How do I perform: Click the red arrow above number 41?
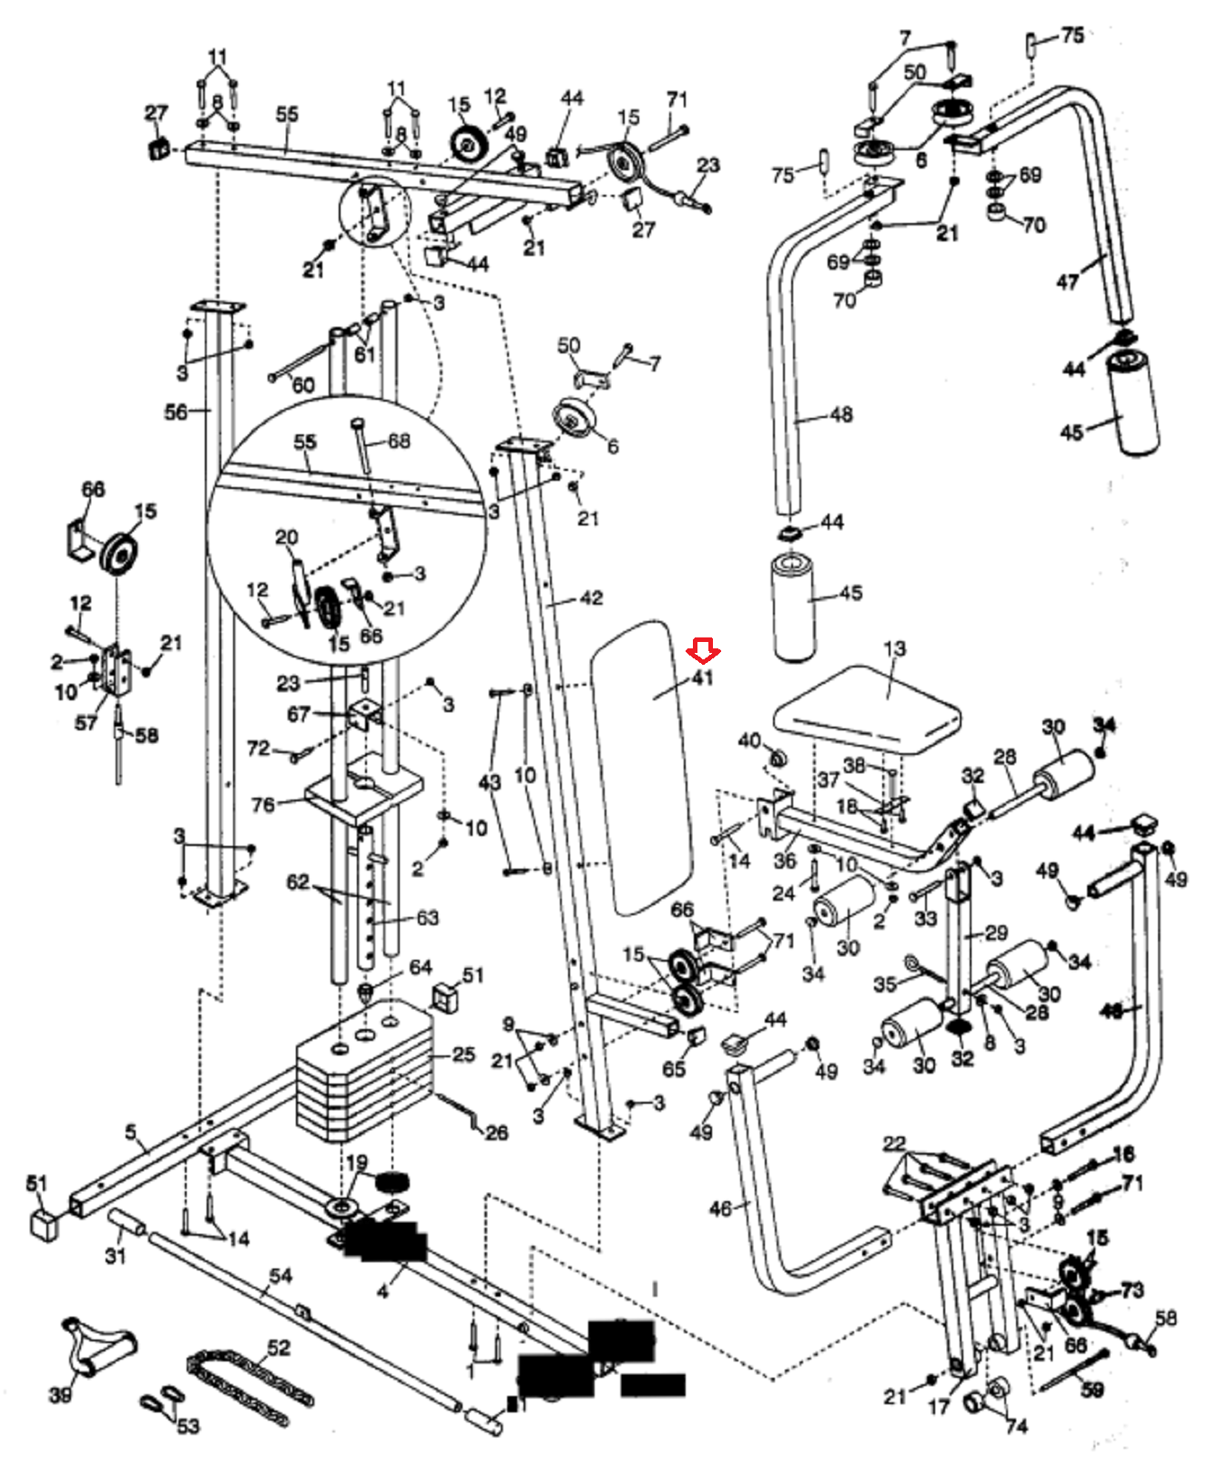(x=703, y=650)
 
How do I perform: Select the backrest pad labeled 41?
(x=640, y=765)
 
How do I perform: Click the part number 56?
(x=176, y=413)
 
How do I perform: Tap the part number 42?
(x=591, y=598)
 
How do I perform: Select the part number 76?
(x=262, y=805)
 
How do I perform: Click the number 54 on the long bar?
(x=280, y=1276)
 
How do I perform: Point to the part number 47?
(x=1067, y=282)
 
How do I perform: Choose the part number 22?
(x=894, y=1144)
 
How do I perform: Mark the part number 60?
(x=303, y=385)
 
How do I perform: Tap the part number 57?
(x=86, y=723)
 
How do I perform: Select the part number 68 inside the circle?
(x=399, y=441)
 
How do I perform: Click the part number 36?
(x=785, y=861)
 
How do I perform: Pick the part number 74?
(x=1016, y=1425)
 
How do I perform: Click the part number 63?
(x=427, y=918)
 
